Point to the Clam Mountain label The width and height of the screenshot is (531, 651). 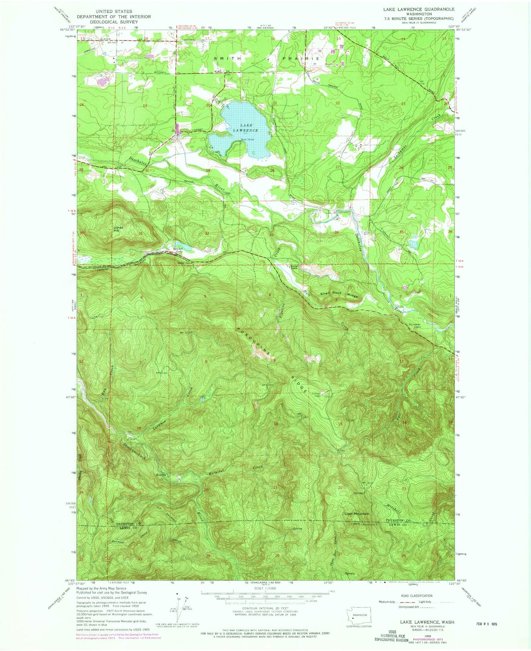pyautogui.click(x=356, y=513)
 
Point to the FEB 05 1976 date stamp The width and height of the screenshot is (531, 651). pyautogui.click(x=487, y=624)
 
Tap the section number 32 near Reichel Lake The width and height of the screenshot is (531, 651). pyautogui.click(x=207, y=233)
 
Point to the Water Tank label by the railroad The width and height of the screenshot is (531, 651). pyautogui.click(x=174, y=262)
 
